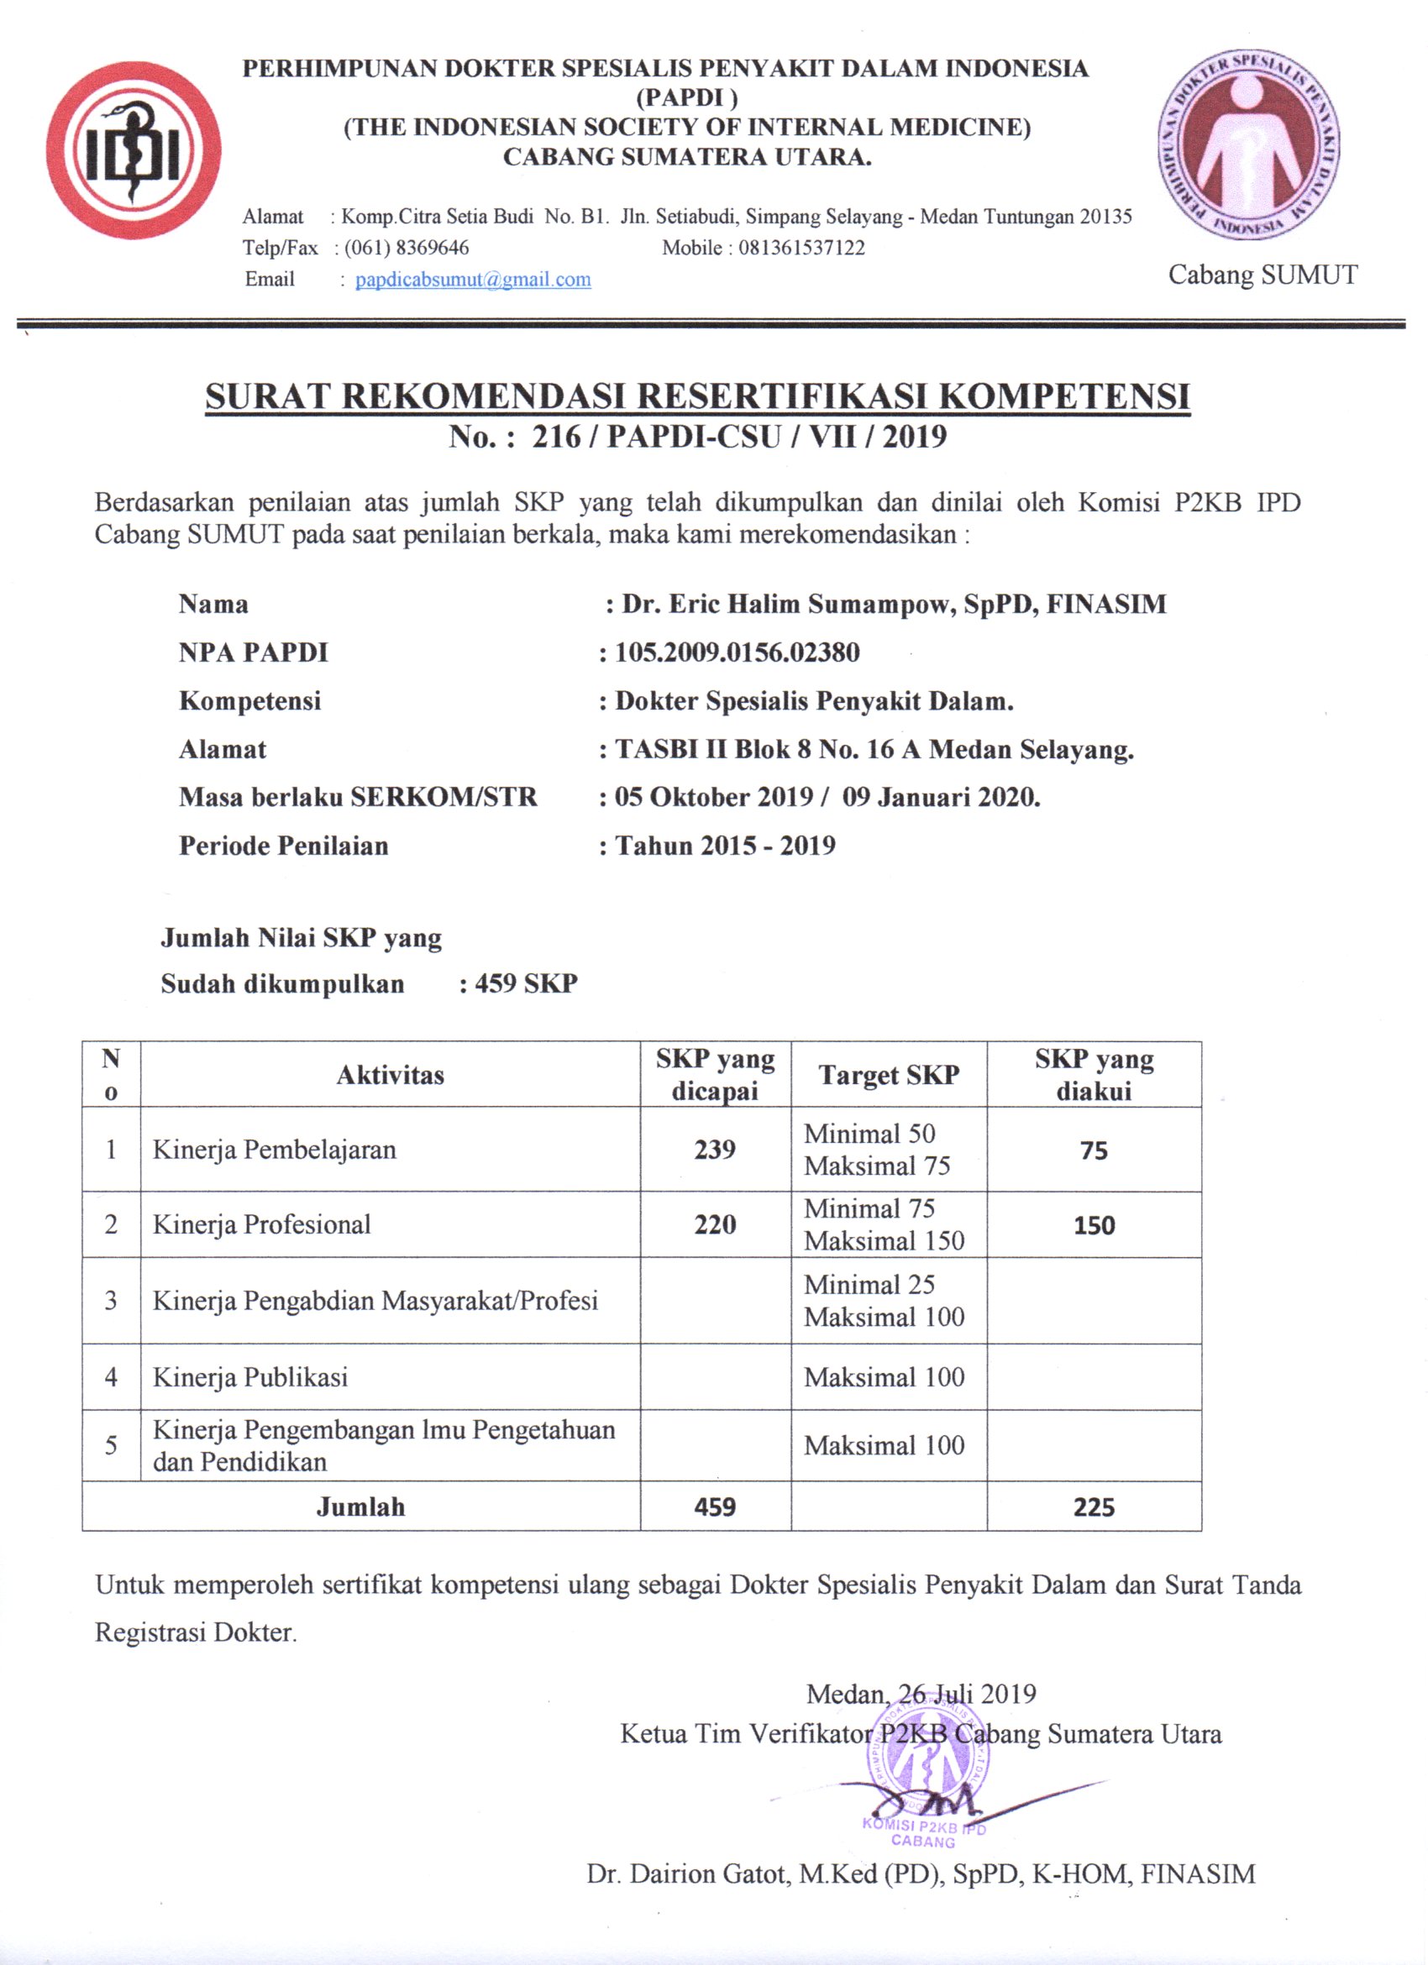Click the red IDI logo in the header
pyautogui.click(x=134, y=149)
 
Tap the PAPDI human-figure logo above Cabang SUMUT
pyautogui.click(x=1248, y=144)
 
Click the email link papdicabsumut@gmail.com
pyautogui.click(x=473, y=280)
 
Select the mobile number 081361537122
pyautogui.click(x=801, y=248)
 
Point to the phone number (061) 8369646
pyautogui.click(x=407, y=248)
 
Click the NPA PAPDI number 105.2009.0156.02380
pyautogui.click(x=737, y=652)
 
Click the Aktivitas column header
pyautogui.click(x=390, y=1075)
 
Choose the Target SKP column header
pyautogui.click(x=888, y=1075)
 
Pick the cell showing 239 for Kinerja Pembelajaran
pyautogui.click(x=715, y=1150)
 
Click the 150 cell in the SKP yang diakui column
pyautogui.click(x=1094, y=1225)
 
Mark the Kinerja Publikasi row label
pyautogui.click(x=250, y=1377)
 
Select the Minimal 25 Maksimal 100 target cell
pyautogui.click(x=884, y=1301)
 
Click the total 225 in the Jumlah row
pyautogui.click(x=1094, y=1507)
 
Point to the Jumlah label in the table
pyautogui.click(x=360, y=1507)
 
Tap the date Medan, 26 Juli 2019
pyautogui.click(x=921, y=1694)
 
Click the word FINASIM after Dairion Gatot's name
pyautogui.click(x=1198, y=1875)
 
